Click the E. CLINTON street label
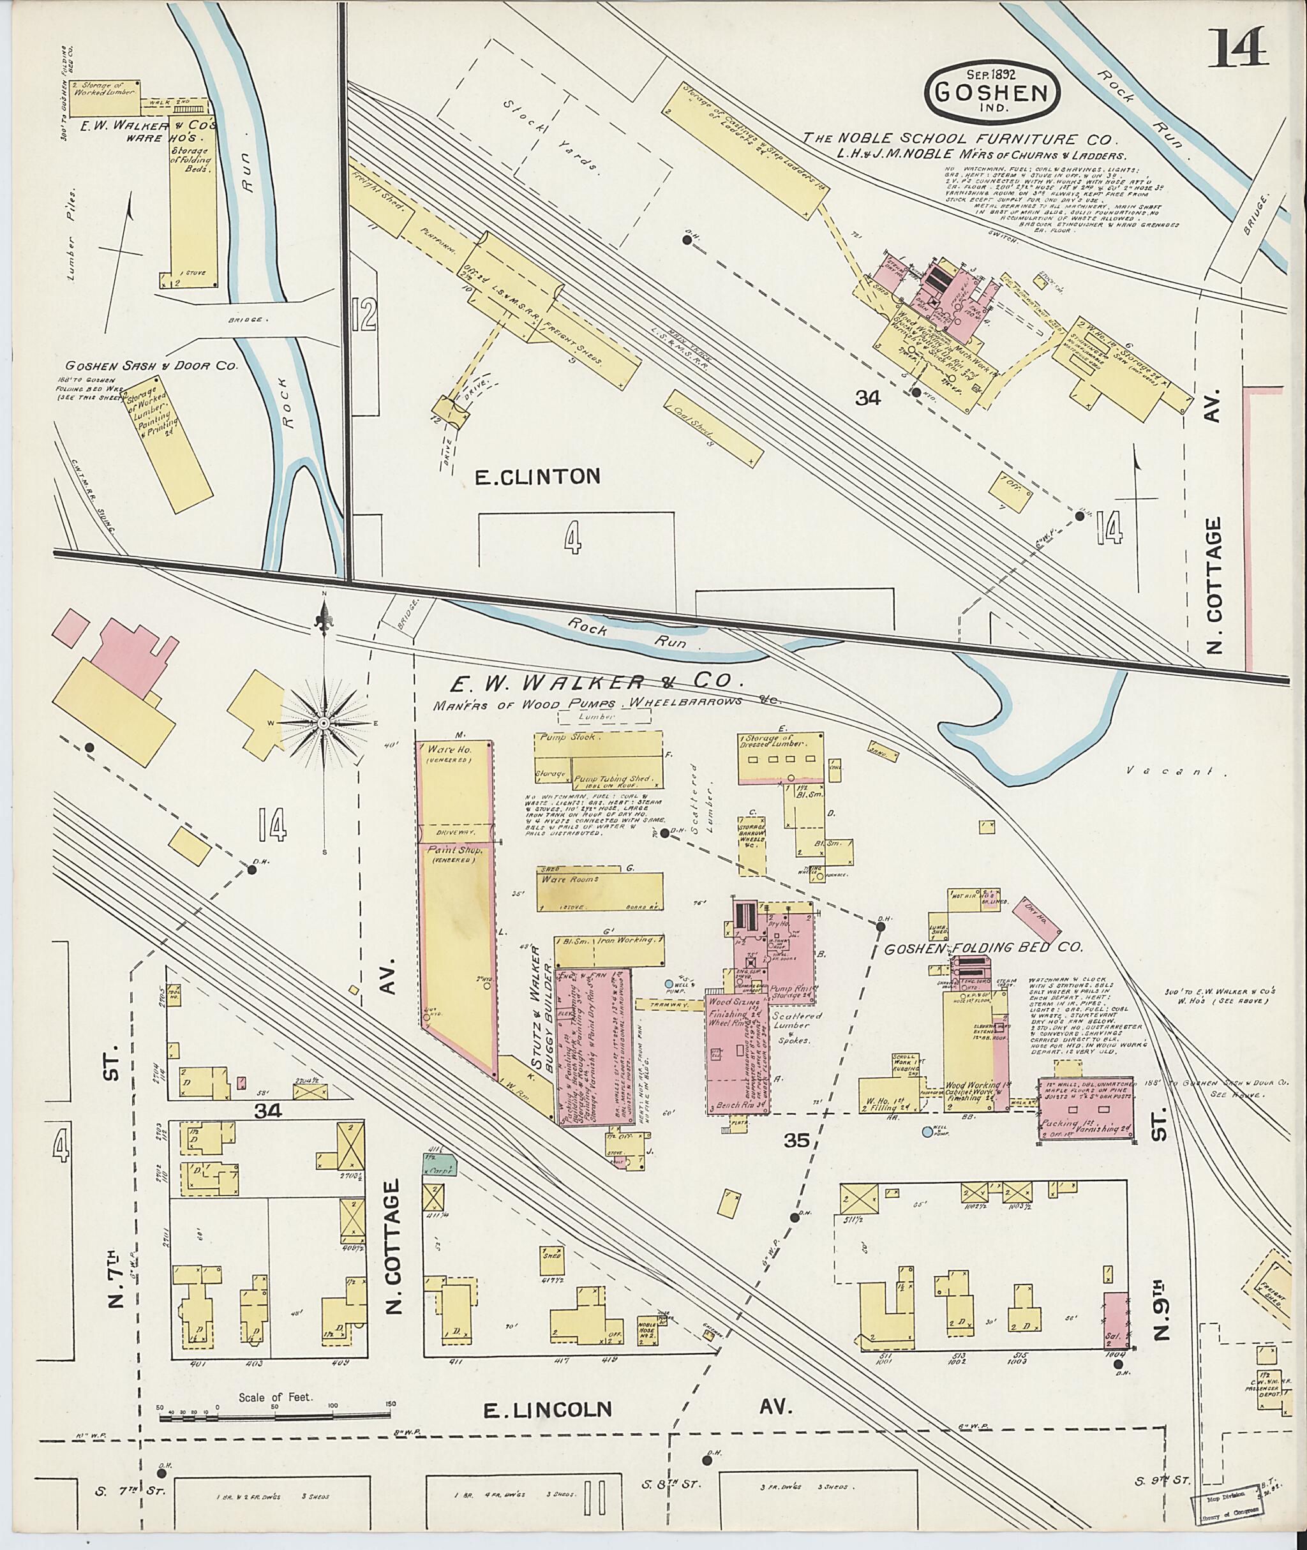tap(537, 477)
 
